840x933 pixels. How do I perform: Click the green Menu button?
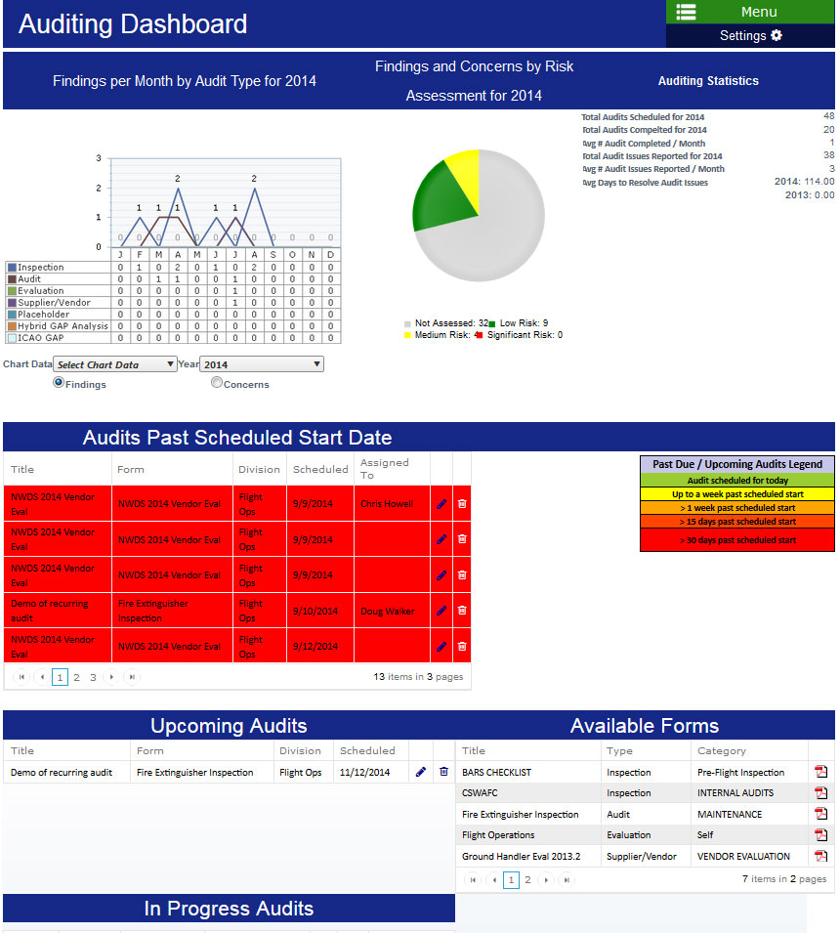coord(749,12)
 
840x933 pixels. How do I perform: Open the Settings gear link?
coord(749,36)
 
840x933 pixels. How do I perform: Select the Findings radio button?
coord(59,383)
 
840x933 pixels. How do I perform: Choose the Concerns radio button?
coord(217,383)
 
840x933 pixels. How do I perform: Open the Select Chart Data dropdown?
coord(115,364)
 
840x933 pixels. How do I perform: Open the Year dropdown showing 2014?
coord(262,364)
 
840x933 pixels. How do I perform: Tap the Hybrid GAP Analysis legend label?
coord(63,326)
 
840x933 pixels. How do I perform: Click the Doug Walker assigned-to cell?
coord(387,612)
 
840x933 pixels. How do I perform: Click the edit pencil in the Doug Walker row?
coord(441,611)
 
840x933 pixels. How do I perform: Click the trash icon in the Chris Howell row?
coord(462,504)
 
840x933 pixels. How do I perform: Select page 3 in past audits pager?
coord(93,677)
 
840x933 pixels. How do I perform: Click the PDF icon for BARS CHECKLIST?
coord(820,773)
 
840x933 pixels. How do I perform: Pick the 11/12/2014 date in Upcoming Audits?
coord(364,773)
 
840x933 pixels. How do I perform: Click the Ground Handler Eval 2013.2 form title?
coord(521,857)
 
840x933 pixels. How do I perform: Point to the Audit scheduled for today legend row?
coord(737,481)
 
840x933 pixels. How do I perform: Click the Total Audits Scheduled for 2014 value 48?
coord(828,116)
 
